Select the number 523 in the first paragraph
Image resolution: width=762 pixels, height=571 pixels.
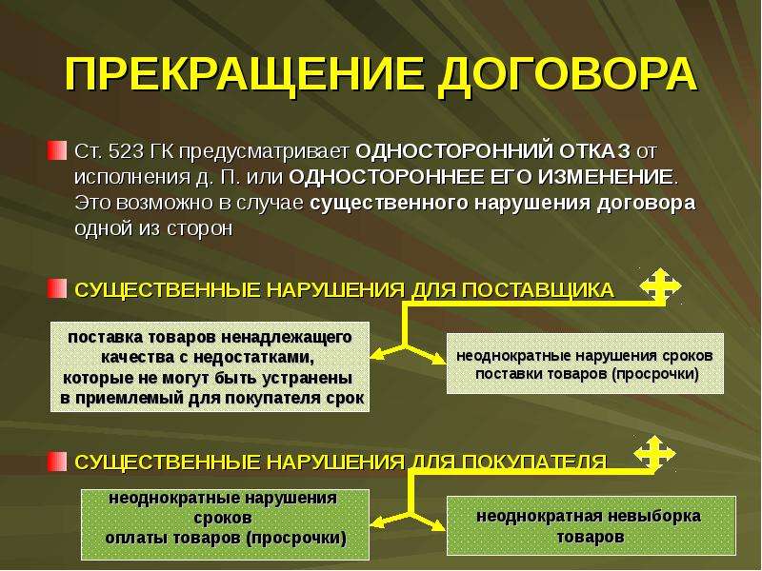pyautogui.click(x=127, y=151)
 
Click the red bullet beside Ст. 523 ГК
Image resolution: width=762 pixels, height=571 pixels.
pyautogui.click(x=56, y=150)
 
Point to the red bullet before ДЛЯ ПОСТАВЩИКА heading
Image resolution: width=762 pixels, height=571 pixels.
pyautogui.click(x=56, y=289)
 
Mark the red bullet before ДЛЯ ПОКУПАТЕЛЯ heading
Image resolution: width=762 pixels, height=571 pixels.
pyautogui.click(x=56, y=462)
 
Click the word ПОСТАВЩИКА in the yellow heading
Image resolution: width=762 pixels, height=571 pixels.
pyautogui.click(x=538, y=290)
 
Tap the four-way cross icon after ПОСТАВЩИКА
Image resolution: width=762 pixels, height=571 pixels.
pyautogui.click(x=660, y=286)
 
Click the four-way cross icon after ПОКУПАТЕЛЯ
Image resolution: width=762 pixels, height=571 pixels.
pyautogui.click(x=654, y=454)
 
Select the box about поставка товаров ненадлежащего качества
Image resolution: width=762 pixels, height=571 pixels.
pyautogui.click(x=210, y=367)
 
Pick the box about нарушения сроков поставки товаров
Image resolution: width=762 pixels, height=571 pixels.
pyautogui.click(x=585, y=364)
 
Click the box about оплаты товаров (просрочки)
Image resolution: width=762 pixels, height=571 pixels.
pyautogui.click(x=225, y=524)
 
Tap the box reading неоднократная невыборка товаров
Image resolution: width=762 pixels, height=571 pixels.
pyautogui.click(x=591, y=526)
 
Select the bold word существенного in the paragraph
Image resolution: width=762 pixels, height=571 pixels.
pyautogui.click(x=390, y=203)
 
